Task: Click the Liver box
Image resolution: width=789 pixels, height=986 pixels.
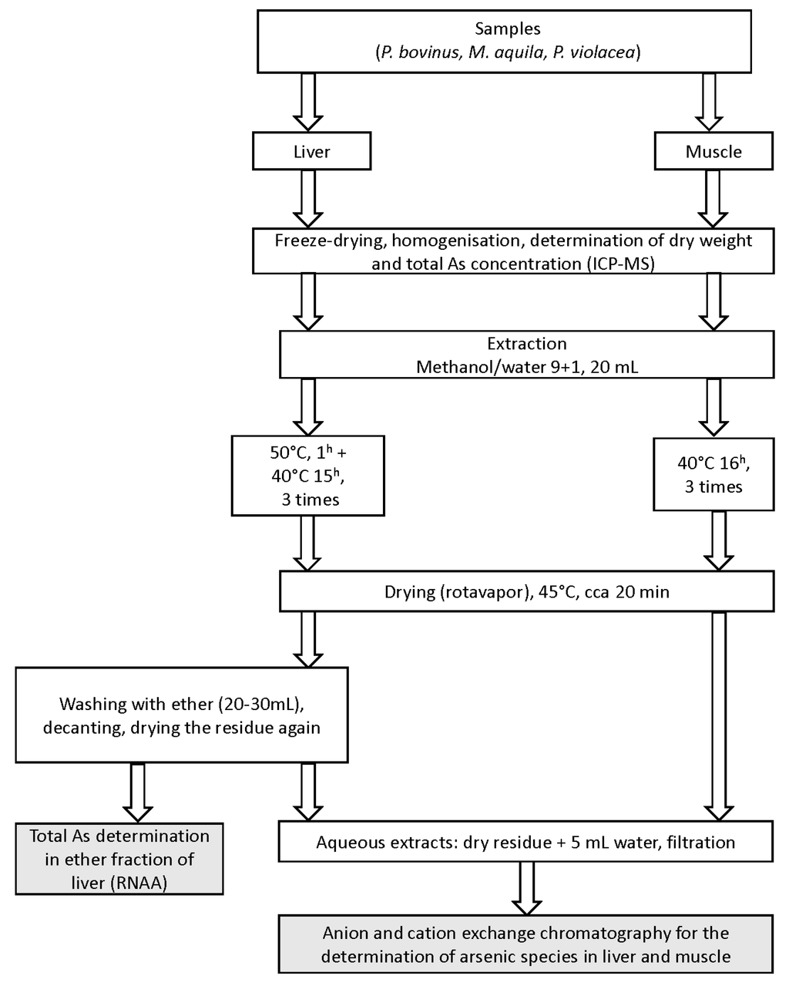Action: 311,151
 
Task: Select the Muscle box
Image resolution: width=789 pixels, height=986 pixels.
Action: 713,151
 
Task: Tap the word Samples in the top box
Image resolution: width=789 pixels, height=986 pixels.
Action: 507,29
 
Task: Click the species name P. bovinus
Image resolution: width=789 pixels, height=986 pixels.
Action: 420,52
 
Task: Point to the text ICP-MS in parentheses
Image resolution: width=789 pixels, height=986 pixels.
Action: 621,264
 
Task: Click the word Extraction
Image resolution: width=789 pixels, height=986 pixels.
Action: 526,344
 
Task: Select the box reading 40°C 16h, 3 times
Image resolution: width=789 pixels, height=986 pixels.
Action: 713,474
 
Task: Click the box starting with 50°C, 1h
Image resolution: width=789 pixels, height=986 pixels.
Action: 307,476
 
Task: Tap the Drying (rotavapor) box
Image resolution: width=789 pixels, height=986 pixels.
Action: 526,591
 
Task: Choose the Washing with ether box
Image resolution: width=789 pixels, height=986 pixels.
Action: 182,715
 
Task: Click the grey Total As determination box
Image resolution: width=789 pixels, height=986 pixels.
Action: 119,859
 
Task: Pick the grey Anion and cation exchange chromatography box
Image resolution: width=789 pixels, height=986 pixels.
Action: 525,944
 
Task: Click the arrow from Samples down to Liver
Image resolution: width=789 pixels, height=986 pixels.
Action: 308,102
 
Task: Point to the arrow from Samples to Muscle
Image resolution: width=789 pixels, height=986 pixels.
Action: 709,102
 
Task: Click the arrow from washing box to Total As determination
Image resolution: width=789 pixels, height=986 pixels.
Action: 138,793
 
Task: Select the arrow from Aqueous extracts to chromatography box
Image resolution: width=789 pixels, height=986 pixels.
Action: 526,889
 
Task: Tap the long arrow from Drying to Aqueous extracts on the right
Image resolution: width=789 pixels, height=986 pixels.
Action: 719,717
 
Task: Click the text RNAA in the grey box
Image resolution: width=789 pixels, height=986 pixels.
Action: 139,883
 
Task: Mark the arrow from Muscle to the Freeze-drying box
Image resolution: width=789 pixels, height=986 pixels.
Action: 713,199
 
